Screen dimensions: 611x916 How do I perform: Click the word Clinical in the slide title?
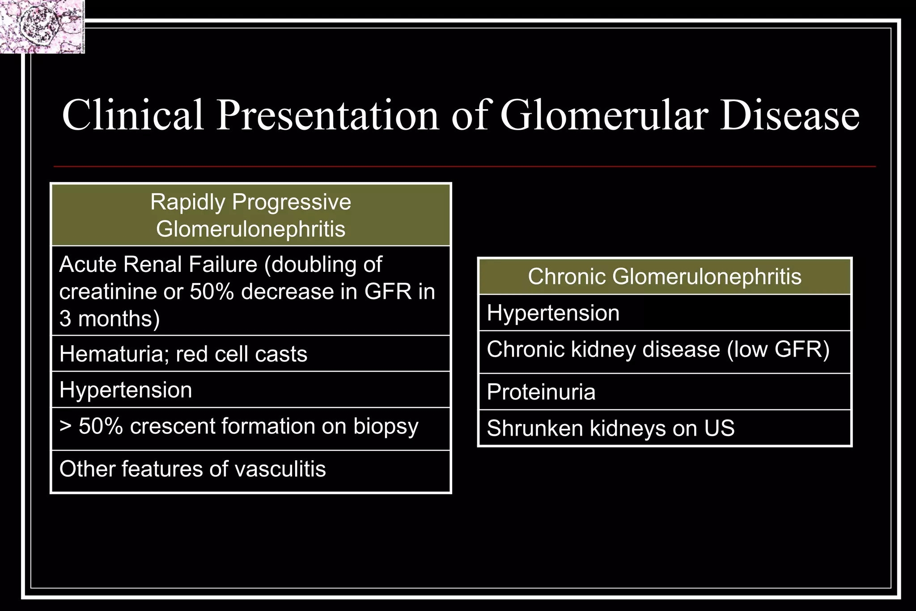coord(133,115)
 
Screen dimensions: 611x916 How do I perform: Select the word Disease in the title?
coord(790,115)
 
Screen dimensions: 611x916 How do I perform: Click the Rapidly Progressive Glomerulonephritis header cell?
coord(250,215)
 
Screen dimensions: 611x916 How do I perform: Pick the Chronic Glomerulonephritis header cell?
coord(664,276)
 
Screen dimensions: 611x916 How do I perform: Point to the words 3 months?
coord(109,319)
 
